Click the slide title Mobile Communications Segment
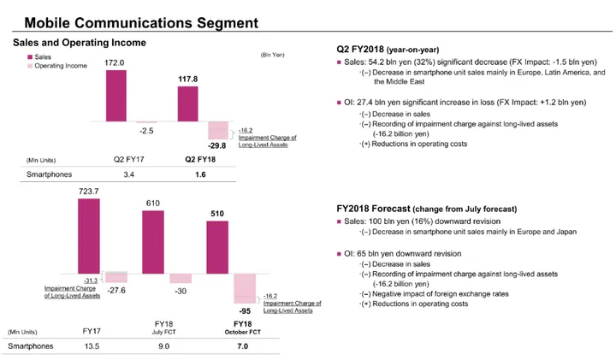coord(141,18)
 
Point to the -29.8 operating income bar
coord(220,130)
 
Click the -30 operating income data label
coord(180,292)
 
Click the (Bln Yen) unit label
coord(272,54)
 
